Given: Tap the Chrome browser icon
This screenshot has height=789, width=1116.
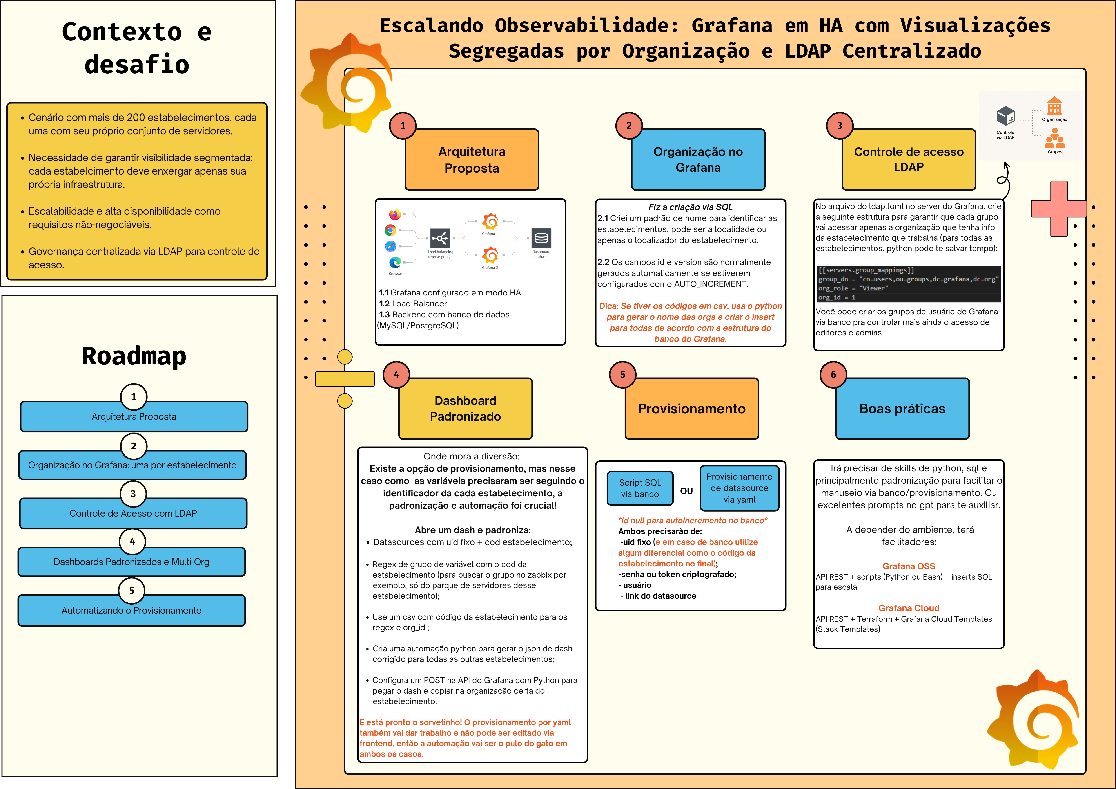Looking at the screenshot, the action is coord(390,230).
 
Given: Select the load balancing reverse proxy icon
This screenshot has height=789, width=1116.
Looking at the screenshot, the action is coord(440,238).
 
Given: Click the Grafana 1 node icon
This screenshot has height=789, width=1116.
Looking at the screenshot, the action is coord(490,222).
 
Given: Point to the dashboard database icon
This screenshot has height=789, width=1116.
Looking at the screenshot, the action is coord(541,238).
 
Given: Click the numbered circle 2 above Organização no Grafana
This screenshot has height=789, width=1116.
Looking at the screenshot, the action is coord(629,125).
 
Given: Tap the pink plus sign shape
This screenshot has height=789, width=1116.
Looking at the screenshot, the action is coord(1059,208).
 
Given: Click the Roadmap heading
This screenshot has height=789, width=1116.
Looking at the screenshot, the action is coord(134,356).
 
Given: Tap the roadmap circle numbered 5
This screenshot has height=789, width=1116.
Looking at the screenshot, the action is coord(131,590).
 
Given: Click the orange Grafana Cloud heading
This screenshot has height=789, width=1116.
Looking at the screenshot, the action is coord(908,608).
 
